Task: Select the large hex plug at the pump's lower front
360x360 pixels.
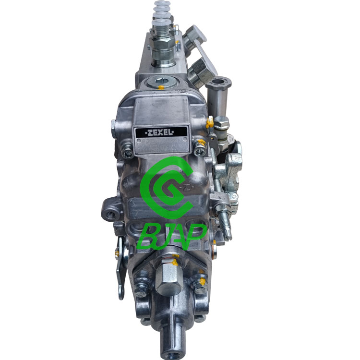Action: pos(168,279)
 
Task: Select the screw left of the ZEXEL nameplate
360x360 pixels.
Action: pos(129,154)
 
